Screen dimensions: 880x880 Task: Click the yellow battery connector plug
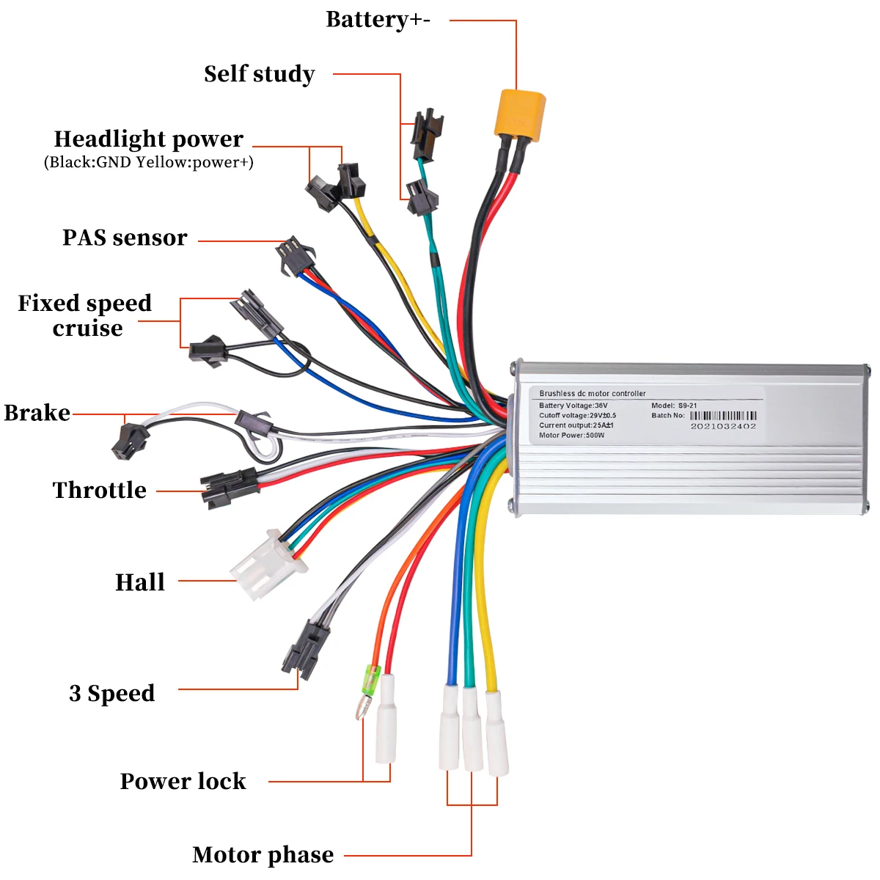tap(520, 115)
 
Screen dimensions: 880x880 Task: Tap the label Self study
tap(260, 74)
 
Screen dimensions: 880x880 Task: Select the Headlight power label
tap(148, 139)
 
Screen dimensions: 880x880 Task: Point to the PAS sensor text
tap(125, 238)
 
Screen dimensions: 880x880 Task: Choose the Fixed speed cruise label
tap(85, 315)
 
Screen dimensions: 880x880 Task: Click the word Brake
tap(37, 413)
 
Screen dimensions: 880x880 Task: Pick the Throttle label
tap(100, 490)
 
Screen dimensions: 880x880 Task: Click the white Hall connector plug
tap(268, 565)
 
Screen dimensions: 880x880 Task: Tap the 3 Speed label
tap(112, 693)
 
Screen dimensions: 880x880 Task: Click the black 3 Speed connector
tap(305, 649)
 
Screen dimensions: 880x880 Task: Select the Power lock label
tap(183, 781)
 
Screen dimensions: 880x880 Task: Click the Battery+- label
tap(378, 20)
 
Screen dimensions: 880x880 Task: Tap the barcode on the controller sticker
tap(723, 416)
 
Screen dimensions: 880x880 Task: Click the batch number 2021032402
tap(723, 427)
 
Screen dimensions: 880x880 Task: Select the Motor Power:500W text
tap(571, 435)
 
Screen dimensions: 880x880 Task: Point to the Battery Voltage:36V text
tap(573, 406)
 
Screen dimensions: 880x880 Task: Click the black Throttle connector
tap(230, 488)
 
